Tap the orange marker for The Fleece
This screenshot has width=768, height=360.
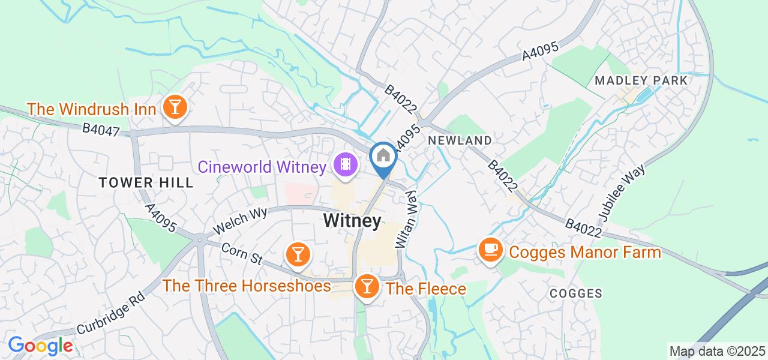pos(366,286)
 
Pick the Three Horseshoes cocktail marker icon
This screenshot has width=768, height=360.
pos(296,254)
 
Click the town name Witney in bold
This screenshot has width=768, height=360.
pos(352,221)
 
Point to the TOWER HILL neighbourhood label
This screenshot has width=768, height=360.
pos(147,183)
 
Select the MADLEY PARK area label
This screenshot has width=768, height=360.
pos(641,80)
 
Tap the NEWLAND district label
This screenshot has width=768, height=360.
pos(460,140)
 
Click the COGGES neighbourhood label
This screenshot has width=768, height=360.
pos(576,293)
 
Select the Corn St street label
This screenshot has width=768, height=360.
pos(242,253)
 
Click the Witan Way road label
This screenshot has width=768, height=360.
pos(405,220)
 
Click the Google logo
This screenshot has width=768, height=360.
pos(40,346)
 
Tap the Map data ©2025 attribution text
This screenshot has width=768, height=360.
pos(717,351)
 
